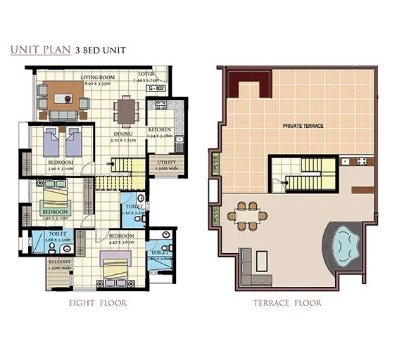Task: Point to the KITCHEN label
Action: (160, 131)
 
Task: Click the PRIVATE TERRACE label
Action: (303, 125)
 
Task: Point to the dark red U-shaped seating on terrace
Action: (246, 86)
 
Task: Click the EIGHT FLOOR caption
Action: (98, 304)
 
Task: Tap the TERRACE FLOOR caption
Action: (286, 304)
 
